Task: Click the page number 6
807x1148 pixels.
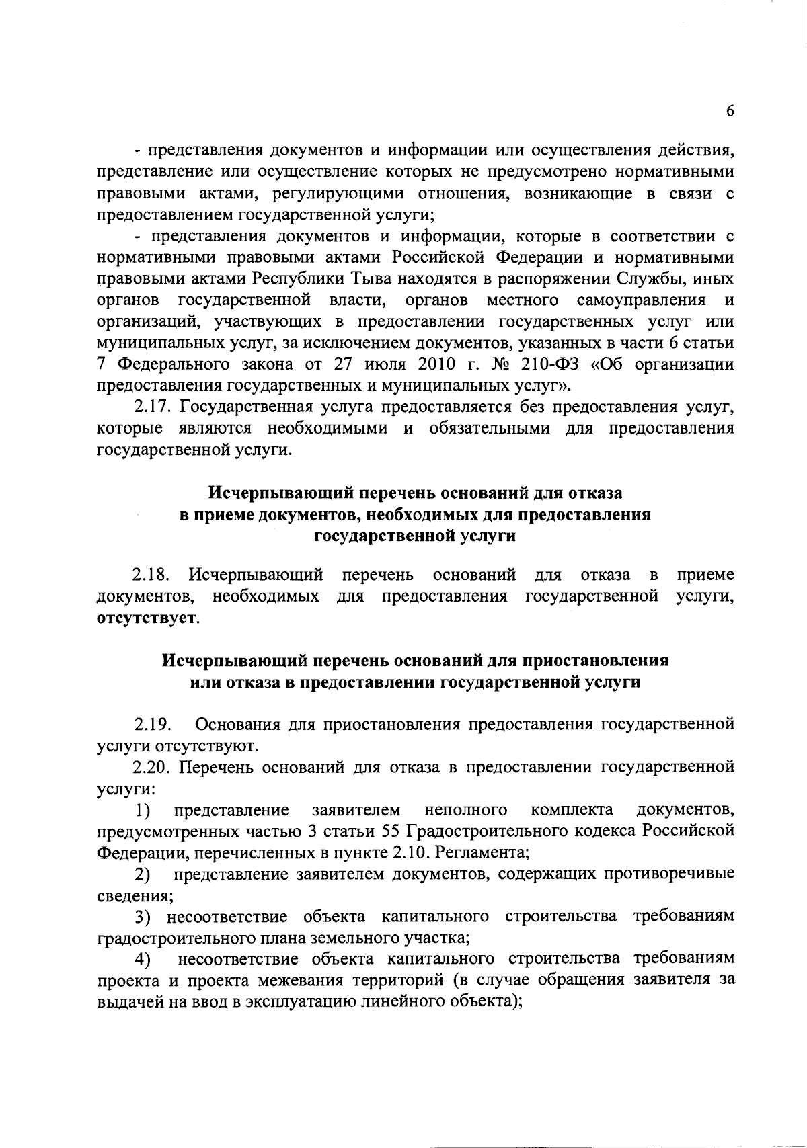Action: pyautogui.click(x=730, y=113)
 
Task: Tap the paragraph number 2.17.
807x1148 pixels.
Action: pyautogui.click(x=153, y=407)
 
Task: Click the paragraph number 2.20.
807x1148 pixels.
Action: pyautogui.click(x=153, y=767)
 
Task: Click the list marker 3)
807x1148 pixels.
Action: pyautogui.click(x=143, y=916)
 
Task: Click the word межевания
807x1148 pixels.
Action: pyautogui.click(x=301, y=980)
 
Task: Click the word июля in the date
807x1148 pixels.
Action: pyautogui.click(x=381, y=365)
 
